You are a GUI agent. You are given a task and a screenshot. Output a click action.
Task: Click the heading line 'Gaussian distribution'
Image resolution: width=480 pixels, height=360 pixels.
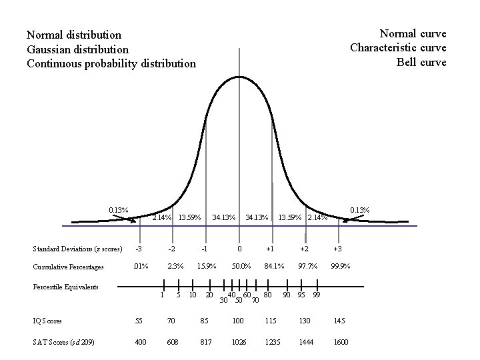pyautogui.click(x=77, y=49)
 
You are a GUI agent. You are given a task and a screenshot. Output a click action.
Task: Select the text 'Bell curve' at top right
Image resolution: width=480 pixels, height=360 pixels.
pyautogui.click(x=421, y=63)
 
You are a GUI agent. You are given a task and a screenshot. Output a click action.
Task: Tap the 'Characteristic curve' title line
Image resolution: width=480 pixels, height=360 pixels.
pyautogui.click(x=398, y=48)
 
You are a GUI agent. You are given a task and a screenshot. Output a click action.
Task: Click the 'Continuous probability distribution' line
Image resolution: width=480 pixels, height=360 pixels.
pyautogui.click(x=111, y=64)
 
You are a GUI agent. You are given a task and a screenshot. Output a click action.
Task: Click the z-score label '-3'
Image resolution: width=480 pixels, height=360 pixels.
pyautogui.click(x=139, y=249)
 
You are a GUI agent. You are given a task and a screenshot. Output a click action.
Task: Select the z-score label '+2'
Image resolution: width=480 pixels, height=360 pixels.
pyautogui.click(x=304, y=249)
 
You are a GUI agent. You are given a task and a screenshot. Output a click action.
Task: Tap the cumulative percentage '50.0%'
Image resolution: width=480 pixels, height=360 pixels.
pyautogui.click(x=241, y=267)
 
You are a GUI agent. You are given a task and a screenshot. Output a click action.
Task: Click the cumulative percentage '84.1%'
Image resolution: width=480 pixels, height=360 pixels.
pyautogui.click(x=274, y=267)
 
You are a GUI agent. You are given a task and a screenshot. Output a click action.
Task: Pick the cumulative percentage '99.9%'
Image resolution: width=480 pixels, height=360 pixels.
pyautogui.click(x=341, y=267)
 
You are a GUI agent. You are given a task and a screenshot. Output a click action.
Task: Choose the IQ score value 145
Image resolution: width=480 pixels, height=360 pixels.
pyautogui.click(x=339, y=321)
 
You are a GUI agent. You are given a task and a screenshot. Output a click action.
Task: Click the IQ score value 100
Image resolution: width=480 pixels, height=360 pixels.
pyautogui.click(x=238, y=321)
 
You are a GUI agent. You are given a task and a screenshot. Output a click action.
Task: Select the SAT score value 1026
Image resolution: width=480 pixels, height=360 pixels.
pyautogui.click(x=238, y=342)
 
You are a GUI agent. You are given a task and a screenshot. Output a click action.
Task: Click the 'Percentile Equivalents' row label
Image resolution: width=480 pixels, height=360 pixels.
pyautogui.click(x=65, y=287)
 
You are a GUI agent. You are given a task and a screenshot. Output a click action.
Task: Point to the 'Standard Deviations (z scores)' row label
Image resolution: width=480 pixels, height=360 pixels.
pyautogui.click(x=77, y=249)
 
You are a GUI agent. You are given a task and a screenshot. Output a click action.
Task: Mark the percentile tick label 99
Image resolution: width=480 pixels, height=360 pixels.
pyautogui.click(x=317, y=295)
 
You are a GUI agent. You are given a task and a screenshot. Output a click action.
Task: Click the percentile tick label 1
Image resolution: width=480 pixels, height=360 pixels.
pyautogui.click(x=162, y=295)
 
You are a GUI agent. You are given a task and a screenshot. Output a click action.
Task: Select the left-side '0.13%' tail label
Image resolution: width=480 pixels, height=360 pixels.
pyautogui.click(x=119, y=210)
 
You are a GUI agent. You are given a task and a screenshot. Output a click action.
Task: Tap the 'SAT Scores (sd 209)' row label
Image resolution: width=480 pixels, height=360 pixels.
pyautogui.click(x=63, y=342)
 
